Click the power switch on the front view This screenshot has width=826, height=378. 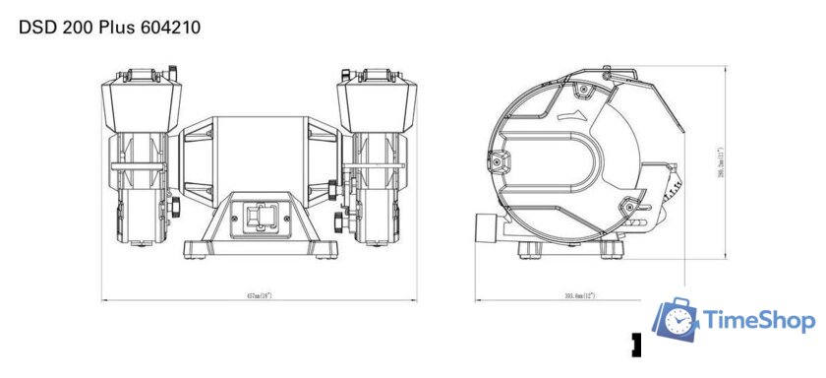click(261, 218)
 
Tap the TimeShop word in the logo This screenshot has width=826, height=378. click(758, 321)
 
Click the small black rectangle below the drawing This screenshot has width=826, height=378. click(636, 345)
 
